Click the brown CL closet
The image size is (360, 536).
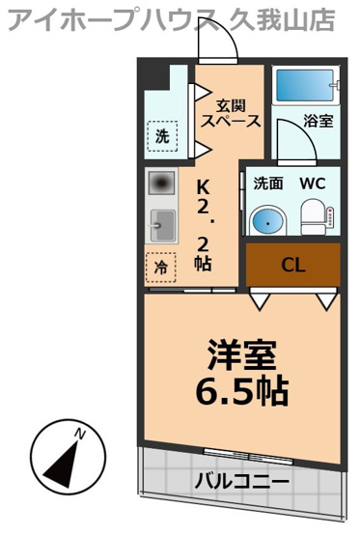click(292, 265)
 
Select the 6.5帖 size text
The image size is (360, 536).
click(243, 391)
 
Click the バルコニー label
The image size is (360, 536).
click(242, 481)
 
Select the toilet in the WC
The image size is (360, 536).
click(313, 218)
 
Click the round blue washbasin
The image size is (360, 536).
click(265, 221)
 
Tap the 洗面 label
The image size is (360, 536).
click(267, 183)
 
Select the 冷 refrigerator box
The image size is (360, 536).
click(161, 268)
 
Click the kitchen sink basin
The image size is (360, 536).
click(161, 227)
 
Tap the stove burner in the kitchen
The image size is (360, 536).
click(161, 183)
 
